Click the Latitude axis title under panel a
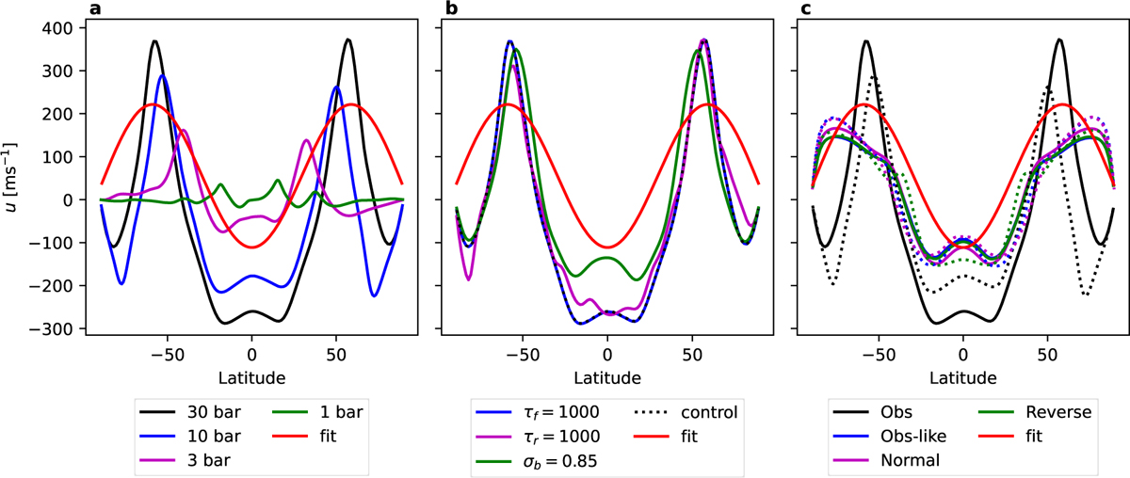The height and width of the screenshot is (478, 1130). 251,377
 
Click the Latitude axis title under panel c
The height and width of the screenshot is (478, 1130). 961,377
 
